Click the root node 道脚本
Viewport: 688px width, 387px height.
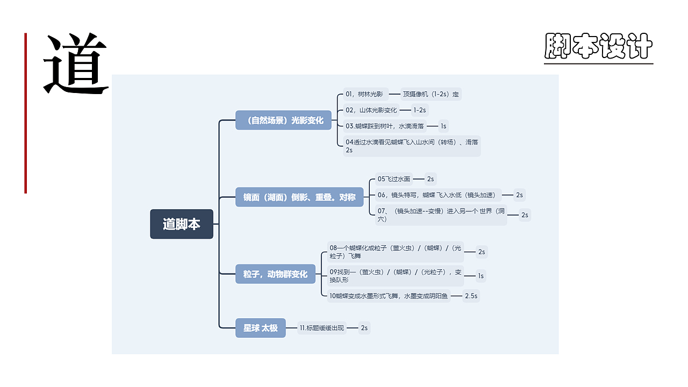pos(182,224)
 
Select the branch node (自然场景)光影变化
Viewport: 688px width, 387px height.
pos(283,120)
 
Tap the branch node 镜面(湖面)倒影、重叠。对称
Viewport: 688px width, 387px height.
pos(299,197)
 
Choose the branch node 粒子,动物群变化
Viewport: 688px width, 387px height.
pos(275,274)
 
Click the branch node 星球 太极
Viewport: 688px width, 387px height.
pos(261,328)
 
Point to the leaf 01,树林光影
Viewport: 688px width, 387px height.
pos(365,94)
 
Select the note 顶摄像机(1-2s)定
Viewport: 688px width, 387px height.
pos(431,94)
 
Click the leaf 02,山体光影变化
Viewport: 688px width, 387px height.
pos(371,110)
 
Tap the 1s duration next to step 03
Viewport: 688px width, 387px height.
pos(443,126)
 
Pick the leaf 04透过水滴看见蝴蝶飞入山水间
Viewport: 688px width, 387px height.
pos(412,146)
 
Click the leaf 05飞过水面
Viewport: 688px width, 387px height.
pos(394,179)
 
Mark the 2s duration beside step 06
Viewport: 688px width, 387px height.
pos(519,195)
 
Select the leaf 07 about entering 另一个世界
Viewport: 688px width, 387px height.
pos(441,215)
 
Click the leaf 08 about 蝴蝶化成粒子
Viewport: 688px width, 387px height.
pos(396,252)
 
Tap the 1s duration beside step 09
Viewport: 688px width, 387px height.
pos(481,276)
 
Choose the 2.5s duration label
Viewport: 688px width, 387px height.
pos(471,296)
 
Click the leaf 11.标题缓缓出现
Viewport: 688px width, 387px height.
pos(322,328)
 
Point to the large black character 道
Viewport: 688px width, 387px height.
pos(76,63)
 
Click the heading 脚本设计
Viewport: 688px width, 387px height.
pos(598,46)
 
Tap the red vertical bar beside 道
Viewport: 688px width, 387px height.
pos(26,113)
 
